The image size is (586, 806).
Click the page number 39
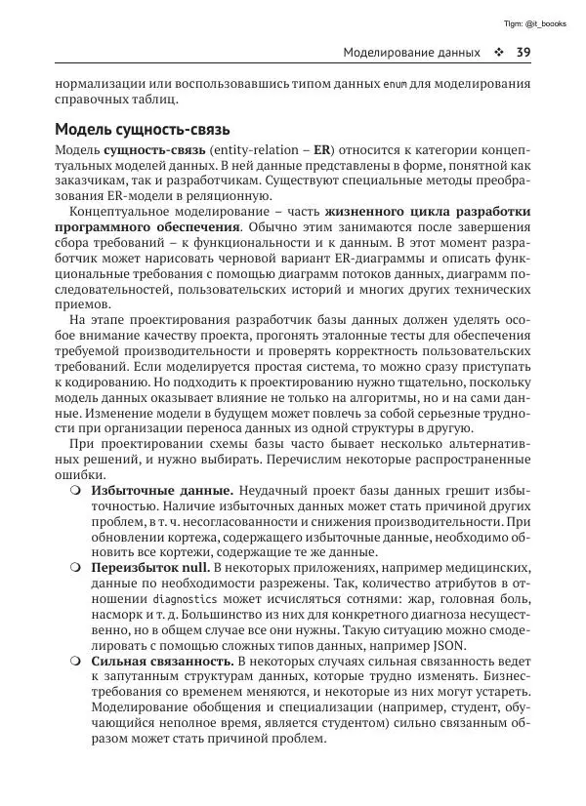[x=523, y=52]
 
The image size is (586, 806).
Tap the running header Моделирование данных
[x=409, y=52]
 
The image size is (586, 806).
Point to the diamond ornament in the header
[x=498, y=52]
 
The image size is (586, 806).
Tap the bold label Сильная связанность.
[x=161, y=661]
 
